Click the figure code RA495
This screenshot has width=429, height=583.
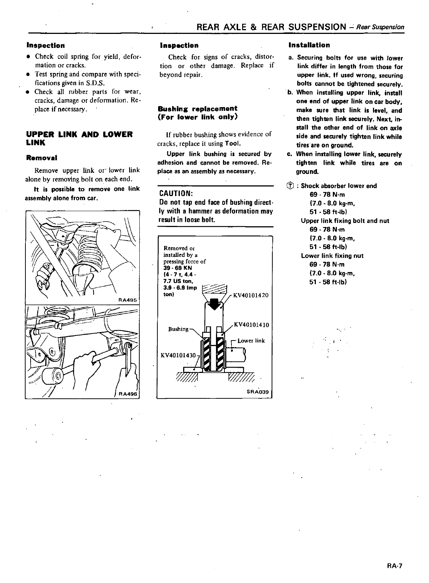coord(128,300)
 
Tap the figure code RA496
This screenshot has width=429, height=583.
coord(128,394)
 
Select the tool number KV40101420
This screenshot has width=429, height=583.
coord(251,295)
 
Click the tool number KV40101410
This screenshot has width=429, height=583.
coord(251,325)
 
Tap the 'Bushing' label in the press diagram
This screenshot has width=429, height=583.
coord(178,329)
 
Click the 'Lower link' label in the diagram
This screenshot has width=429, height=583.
coord(251,341)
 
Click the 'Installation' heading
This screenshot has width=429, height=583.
coord(309,45)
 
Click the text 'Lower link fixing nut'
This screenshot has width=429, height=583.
coord(332,256)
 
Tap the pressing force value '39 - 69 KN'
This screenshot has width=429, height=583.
coord(178,268)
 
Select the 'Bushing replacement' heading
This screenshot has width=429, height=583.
coord(198,109)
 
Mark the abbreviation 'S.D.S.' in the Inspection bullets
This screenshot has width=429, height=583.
coord(87,83)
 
